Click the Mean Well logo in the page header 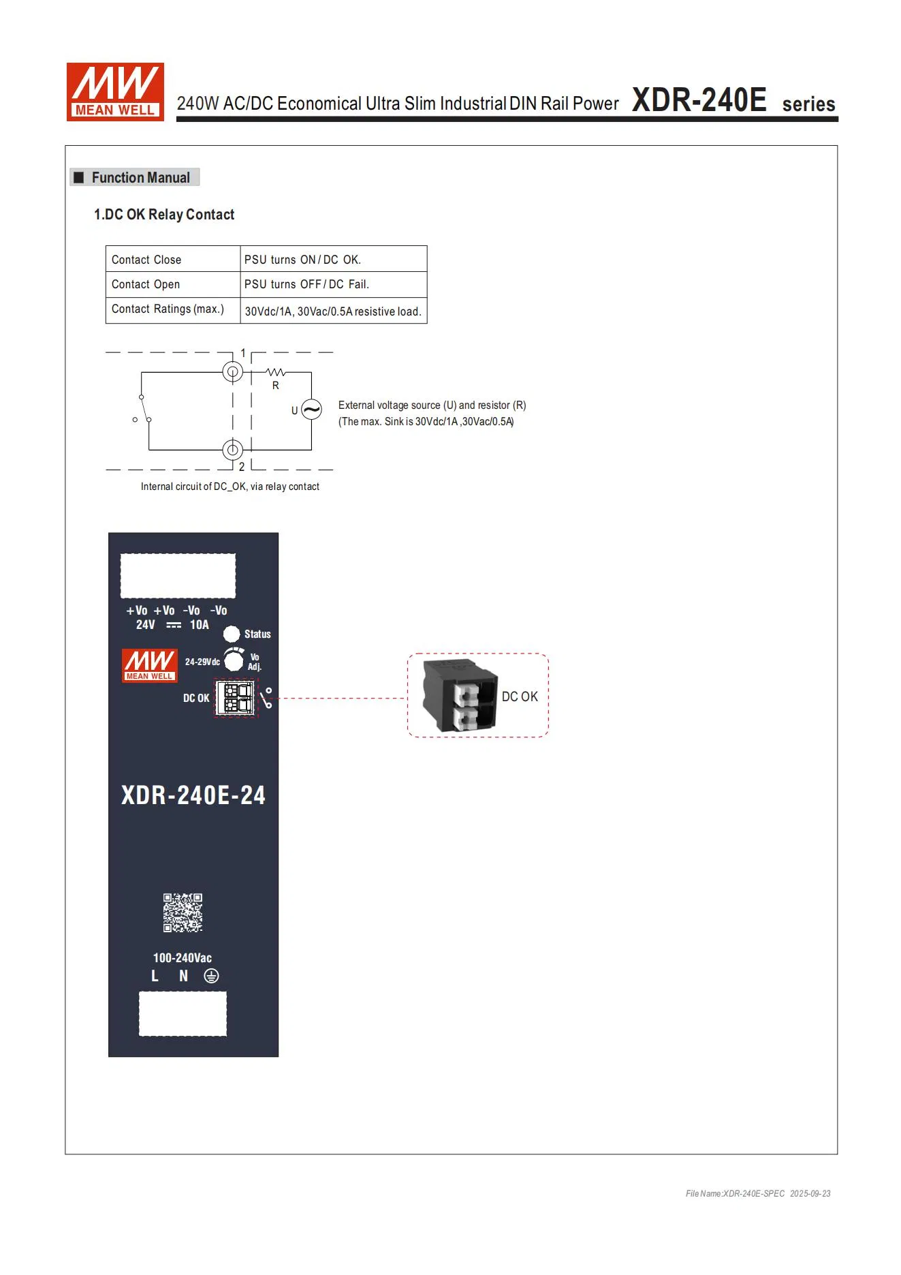115,92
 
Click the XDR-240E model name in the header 699,100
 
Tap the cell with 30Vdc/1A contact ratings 333,311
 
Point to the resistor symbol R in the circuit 275,373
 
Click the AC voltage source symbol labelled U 311,410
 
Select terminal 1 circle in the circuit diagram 233,372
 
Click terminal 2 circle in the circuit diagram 233,450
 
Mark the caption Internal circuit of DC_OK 230,487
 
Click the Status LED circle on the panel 232,634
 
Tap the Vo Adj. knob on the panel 234,660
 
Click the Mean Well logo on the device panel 150,665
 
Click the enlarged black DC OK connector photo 460,695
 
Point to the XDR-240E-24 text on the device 193,795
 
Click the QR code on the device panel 183,912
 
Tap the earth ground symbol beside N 212,976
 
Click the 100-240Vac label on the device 182,957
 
